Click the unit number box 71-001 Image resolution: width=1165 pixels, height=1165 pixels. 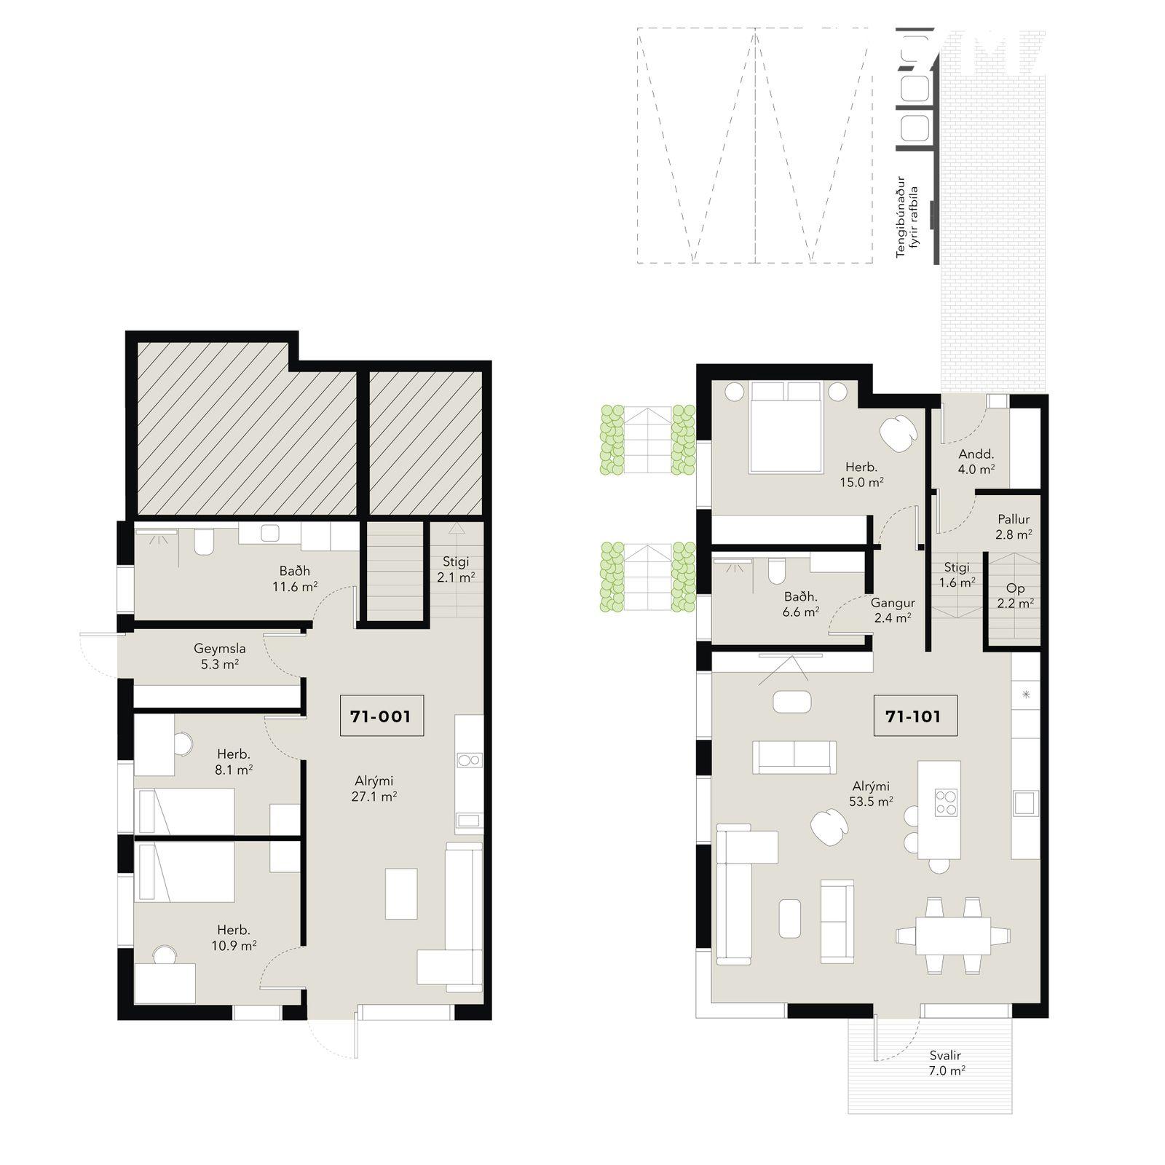tap(382, 716)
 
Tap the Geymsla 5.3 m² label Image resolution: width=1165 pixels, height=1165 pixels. tap(219, 656)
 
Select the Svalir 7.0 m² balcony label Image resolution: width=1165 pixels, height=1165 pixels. tap(945, 1063)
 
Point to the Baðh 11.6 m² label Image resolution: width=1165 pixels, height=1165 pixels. tap(295, 579)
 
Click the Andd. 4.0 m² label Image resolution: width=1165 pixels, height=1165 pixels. tap(976, 462)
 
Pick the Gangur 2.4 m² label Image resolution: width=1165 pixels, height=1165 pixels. tap(893, 610)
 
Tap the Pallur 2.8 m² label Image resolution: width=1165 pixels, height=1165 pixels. tap(1014, 526)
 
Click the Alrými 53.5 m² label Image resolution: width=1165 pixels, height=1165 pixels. tap(871, 794)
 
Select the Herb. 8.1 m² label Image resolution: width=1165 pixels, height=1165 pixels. tap(234, 762)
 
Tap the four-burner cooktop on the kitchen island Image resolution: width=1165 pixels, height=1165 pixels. tap(946, 802)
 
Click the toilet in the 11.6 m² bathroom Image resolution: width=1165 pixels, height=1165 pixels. tap(204, 542)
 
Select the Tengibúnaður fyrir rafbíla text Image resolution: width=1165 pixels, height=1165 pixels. tap(907, 217)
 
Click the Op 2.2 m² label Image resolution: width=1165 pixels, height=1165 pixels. tap(1015, 596)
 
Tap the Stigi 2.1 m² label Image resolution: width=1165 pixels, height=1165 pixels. tap(456, 569)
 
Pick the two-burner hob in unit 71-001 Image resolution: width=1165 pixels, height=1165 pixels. tap(469, 761)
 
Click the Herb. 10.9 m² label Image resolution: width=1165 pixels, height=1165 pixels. tap(233, 938)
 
